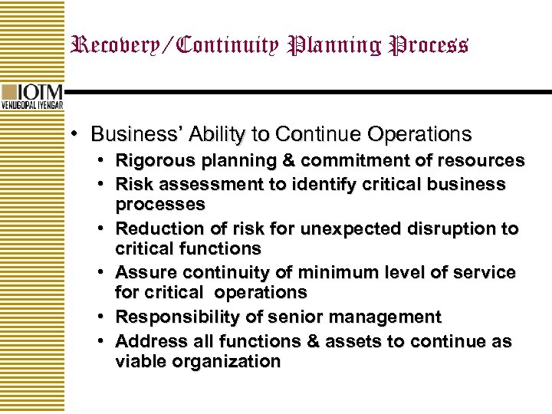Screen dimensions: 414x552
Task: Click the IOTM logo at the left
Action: tap(33, 96)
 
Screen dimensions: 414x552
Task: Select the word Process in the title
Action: tap(429, 45)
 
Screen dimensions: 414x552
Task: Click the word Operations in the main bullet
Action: tap(422, 134)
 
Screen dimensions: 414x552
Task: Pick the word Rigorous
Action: tap(151, 161)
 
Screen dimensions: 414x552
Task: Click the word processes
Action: tap(160, 205)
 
